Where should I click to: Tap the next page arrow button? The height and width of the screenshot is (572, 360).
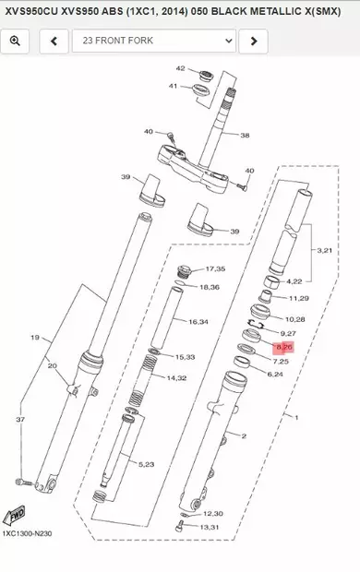click(x=253, y=42)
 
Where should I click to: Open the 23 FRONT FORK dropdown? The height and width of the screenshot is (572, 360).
click(x=153, y=42)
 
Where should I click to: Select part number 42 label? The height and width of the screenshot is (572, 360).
click(x=181, y=69)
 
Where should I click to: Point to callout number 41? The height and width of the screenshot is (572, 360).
click(x=173, y=86)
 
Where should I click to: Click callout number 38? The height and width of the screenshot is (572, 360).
click(x=245, y=135)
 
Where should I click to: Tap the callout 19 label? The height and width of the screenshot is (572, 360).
click(x=35, y=338)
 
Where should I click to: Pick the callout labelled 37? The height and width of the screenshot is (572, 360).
click(x=20, y=419)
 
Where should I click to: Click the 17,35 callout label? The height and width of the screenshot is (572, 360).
click(x=214, y=268)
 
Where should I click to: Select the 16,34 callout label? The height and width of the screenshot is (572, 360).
click(x=198, y=322)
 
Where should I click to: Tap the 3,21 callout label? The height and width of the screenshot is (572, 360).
click(x=324, y=250)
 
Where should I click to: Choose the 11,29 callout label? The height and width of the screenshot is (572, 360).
click(x=300, y=299)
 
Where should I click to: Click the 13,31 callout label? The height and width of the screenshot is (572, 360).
click(x=212, y=527)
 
